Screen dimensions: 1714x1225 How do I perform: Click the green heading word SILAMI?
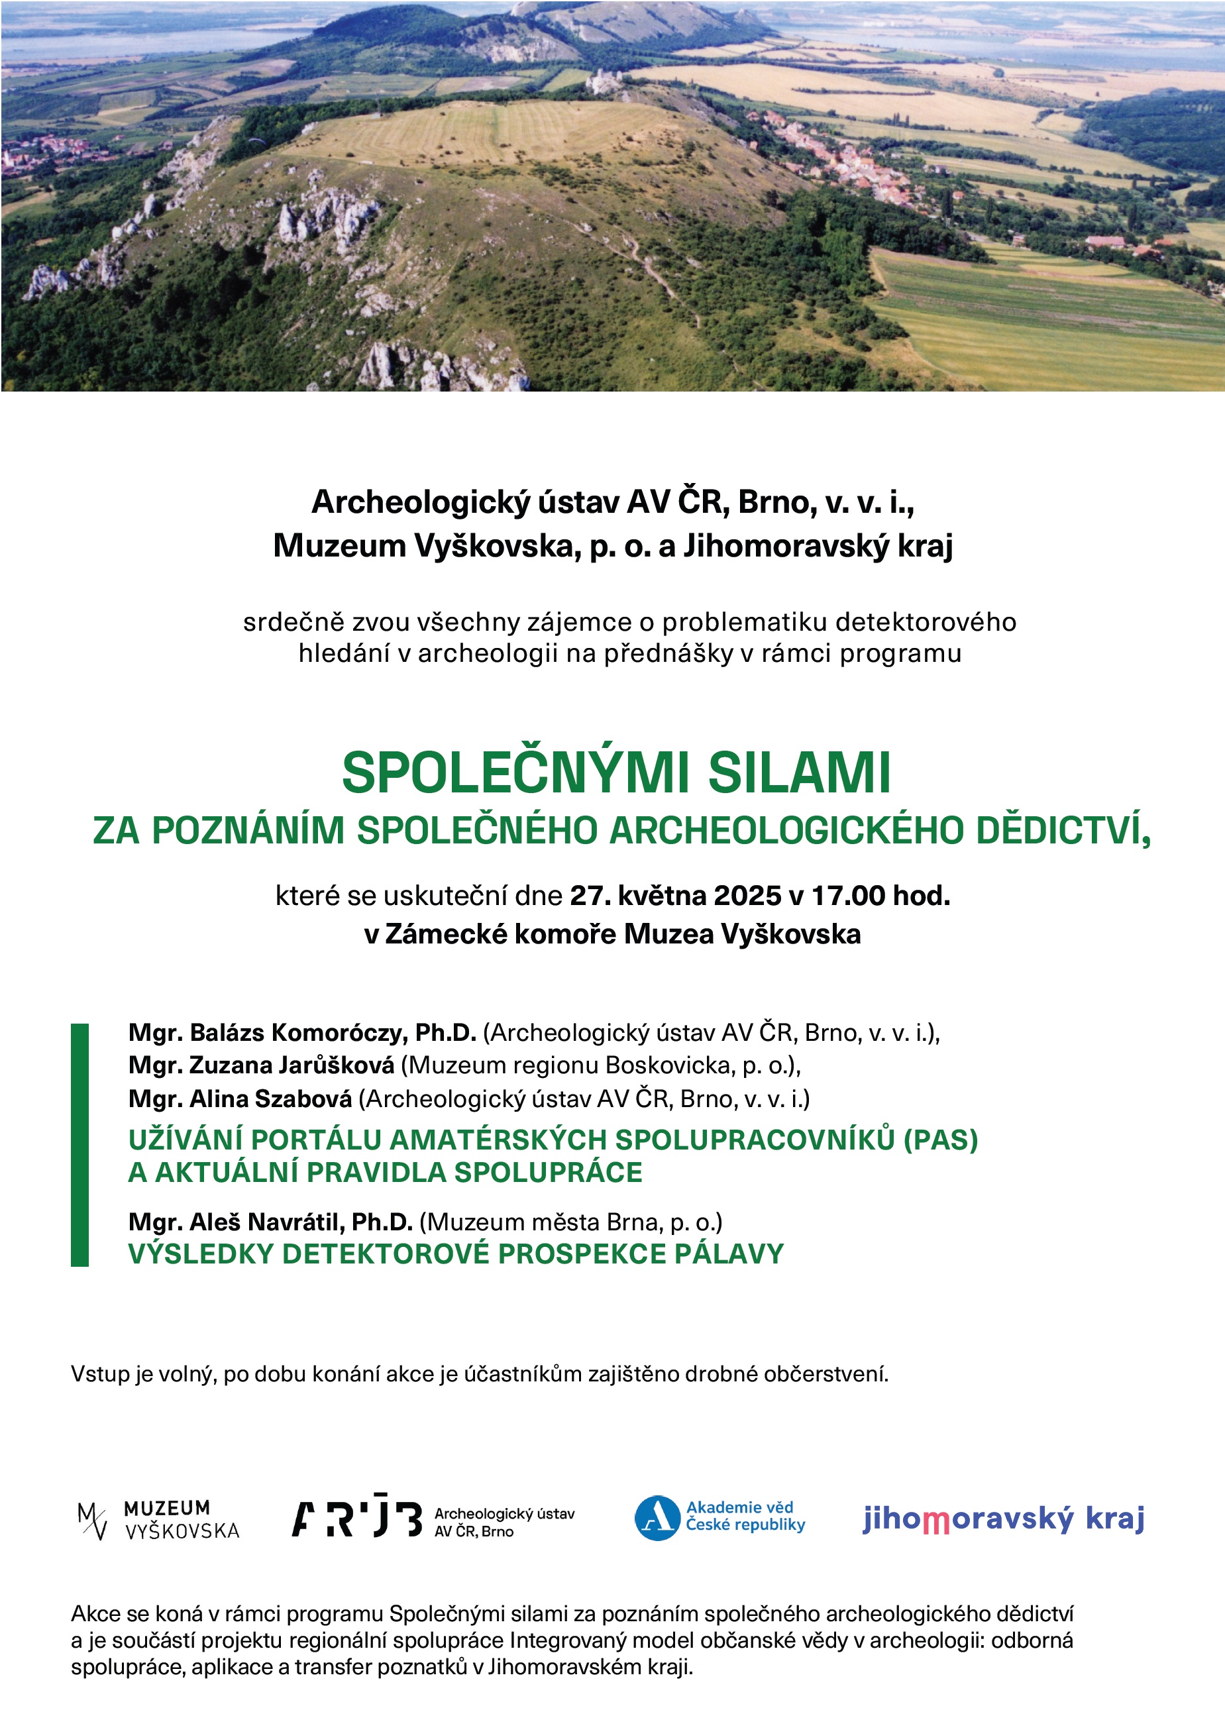tap(799, 773)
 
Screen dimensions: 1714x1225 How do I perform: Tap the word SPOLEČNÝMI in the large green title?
tap(515, 773)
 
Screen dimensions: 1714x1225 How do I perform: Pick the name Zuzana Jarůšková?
tap(291, 1065)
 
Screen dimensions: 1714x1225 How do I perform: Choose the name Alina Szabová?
tap(270, 1098)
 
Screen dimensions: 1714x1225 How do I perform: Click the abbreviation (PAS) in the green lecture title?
tap(941, 1139)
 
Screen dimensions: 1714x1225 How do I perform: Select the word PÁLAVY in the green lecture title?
tap(729, 1254)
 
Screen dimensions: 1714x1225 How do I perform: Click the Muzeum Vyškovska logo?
tap(158, 1519)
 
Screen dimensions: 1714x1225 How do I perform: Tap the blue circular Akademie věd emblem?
tap(657, 1518)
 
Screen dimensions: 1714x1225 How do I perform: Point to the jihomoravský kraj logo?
tap(1003, 1519)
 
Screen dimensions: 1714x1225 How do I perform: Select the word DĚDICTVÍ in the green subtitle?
tap(1063, 831)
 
